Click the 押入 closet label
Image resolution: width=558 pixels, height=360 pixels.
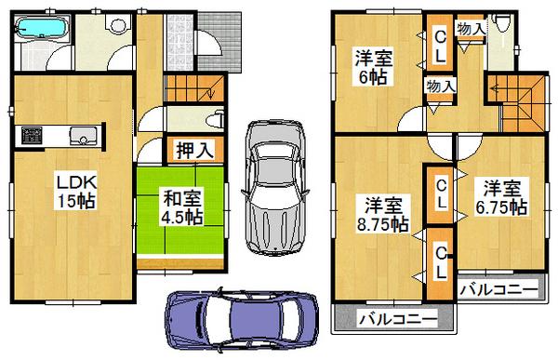pos(192,149)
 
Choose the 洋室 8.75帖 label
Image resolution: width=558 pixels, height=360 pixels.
pos(383,214)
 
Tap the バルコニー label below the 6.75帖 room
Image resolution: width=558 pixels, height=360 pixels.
pos(498,289)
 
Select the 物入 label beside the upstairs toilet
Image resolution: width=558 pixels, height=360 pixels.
pos(471,28)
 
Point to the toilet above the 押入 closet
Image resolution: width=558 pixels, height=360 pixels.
pos(216,119)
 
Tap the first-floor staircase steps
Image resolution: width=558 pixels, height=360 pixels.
pos(191,89)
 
